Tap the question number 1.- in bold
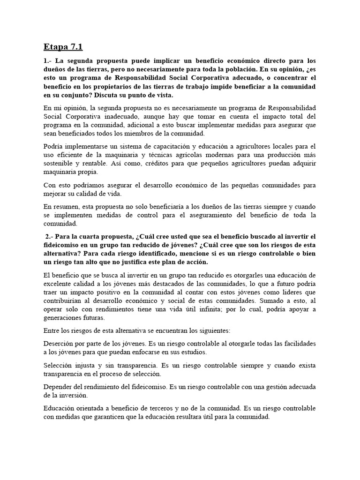47,61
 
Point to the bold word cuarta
93,236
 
